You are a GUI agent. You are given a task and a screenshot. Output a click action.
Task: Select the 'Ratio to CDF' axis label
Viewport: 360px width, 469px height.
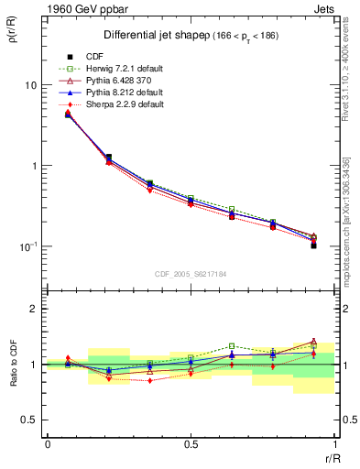(16, 364)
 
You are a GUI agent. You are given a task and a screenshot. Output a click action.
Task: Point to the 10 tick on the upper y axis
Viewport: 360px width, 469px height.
(30, 85)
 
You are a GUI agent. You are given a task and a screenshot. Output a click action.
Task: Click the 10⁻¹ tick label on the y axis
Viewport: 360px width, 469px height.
(28, 246)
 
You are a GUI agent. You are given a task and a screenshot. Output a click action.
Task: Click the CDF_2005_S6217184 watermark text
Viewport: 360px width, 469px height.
(190, 274)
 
